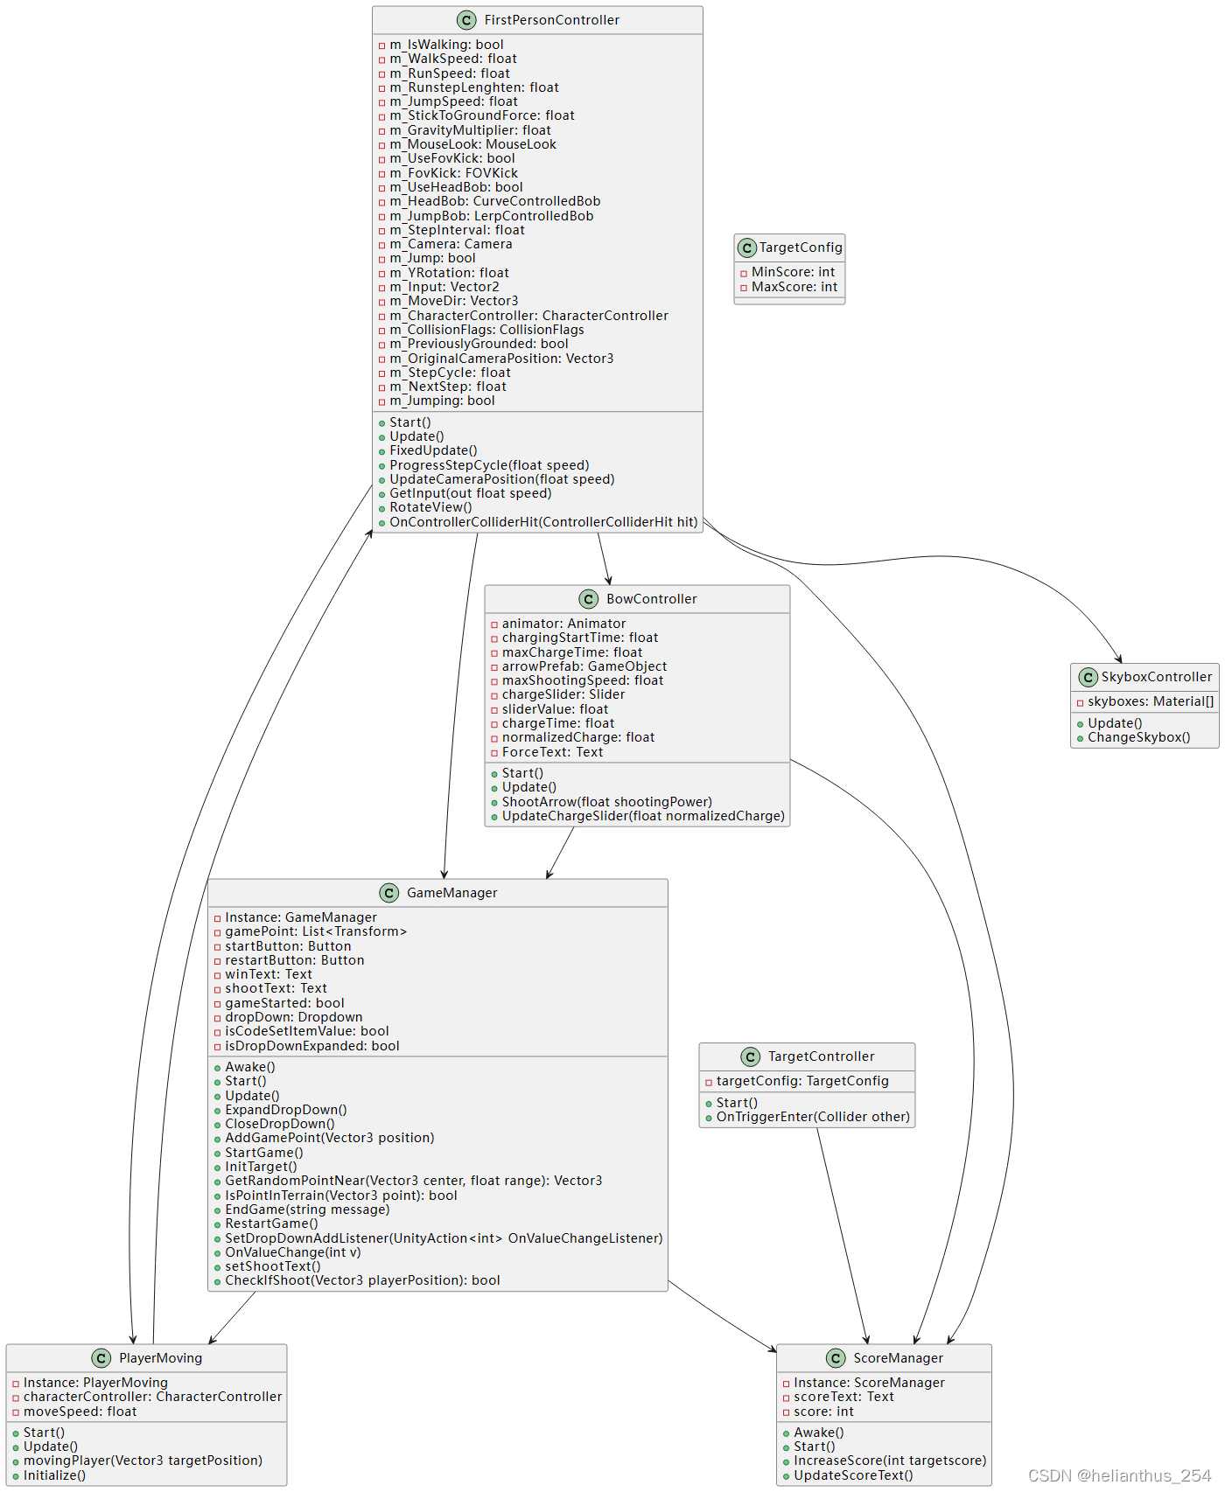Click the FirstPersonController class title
(x=551, y=20)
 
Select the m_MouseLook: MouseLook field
(x=472, y=144)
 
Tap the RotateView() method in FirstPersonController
(x=430, y=507)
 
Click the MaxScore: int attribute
(x=794, y=287)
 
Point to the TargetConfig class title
(x=800, y=248)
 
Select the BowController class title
(x=651, y=599)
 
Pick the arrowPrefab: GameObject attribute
(x=584, y=666)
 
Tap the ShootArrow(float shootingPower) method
(x=606, y=802)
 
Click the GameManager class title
(x=451, y=893)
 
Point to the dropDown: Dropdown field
(x=293, y=1017)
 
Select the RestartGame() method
(x=271, y=1224)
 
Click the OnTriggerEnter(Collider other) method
(x=813, y=1117)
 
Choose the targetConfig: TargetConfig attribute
(x=802, y=1081)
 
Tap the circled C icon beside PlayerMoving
(x=101, y=1358)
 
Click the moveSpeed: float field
(x=80, y=1412)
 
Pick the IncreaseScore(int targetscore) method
(x=889, y=1461)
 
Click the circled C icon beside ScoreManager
(x=836, y=1358)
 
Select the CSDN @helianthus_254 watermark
(x=1119, y=1475)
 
